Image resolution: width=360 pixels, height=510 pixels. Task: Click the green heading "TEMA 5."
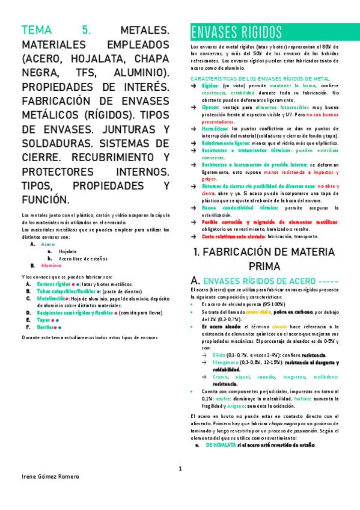click(x=55, y=30)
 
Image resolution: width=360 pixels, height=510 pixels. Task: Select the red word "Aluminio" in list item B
click(x=51, y=265)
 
